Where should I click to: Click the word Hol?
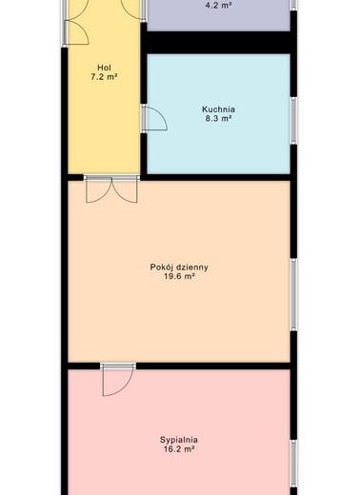pos(104,68)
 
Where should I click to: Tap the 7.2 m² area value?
pos(105,77)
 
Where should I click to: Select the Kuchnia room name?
pos(219,109)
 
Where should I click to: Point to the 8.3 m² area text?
pos(218,119)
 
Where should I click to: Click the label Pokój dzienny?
pos(179,267)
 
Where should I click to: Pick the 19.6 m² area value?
pos(179,276)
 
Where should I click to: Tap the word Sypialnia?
pos(179,440)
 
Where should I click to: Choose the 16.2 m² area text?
pos(179,449)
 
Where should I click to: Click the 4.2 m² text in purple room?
pos(219,5)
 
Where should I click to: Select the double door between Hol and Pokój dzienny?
pos(111,189)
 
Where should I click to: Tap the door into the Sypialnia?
pos(118,380)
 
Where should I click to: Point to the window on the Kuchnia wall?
pos(294,120)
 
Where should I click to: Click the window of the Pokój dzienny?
pos(294,294)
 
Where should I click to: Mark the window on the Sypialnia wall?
pos(294,464)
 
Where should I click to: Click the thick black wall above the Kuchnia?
pos(219,43)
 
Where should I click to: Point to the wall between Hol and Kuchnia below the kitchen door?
pos(144,153)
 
